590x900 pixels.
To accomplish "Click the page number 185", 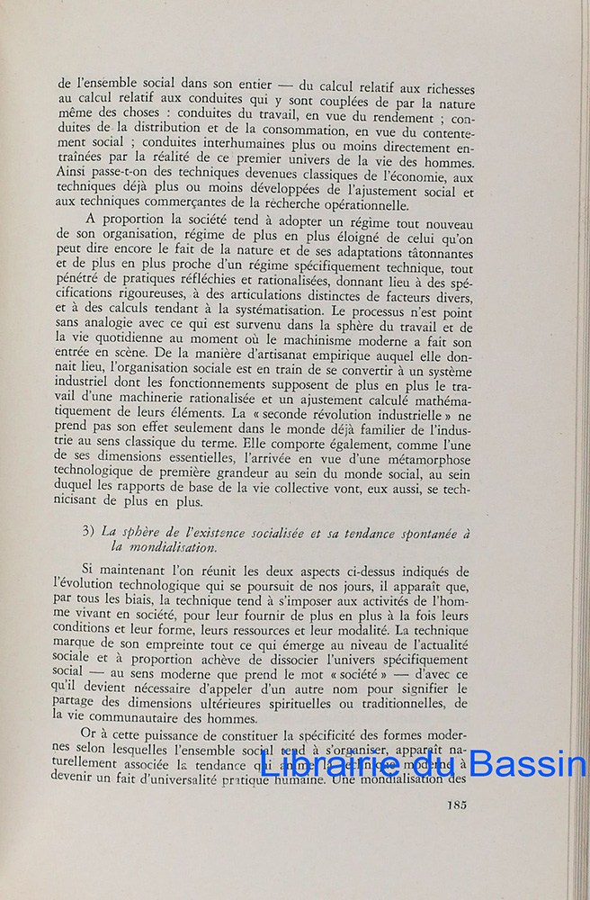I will (456, 805).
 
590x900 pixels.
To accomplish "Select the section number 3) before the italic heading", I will (88, 531).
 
